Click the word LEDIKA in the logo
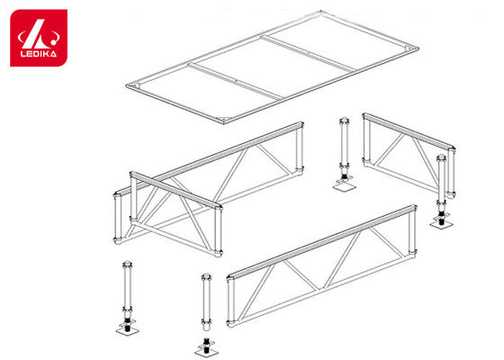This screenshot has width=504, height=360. [x=39, y=53]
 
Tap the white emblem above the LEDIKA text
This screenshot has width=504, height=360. [x=38, y=34]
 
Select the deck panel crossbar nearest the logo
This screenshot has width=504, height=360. [x=236, y=81]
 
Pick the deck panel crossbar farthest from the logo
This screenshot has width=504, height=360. [x=308, y=53]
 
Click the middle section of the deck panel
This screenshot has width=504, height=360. [x=272, y=67]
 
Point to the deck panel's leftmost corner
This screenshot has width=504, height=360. [x=126, y=85]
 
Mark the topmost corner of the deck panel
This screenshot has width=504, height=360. [x=320, y=11]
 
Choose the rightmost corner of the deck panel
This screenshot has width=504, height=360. [x=418, y=49]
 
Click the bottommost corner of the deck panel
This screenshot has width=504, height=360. [x=224, y=122]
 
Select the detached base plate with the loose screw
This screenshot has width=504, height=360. [x=207, y=349]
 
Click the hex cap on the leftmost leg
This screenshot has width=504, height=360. [x=128, y=265]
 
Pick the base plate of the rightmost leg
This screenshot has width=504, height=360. [x=442, y=223]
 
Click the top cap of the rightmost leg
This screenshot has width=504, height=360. [x=442, y=158]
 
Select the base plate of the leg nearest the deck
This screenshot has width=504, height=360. [x=344, y=185]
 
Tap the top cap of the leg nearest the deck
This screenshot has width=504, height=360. [x=344, y=121]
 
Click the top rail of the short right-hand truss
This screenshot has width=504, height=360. [x=409, y=131]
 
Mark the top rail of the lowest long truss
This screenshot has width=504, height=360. [x=322, y=241]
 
